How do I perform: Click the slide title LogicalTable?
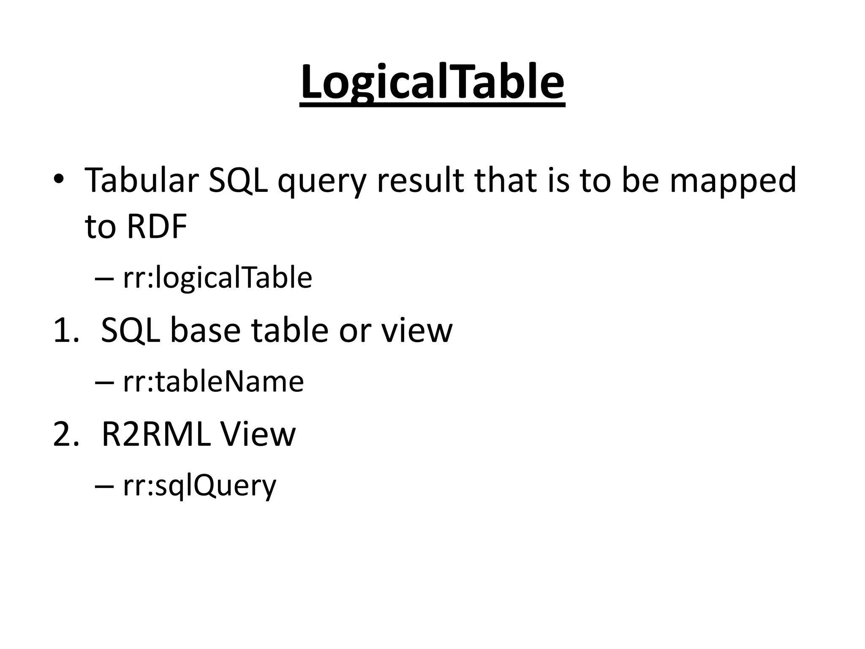point(432,82)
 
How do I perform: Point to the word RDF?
point(157,227)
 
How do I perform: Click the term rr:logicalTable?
point(218,278)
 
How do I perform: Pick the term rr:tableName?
point(213,382)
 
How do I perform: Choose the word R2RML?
point(156,434)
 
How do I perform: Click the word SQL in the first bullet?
point(238,180)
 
